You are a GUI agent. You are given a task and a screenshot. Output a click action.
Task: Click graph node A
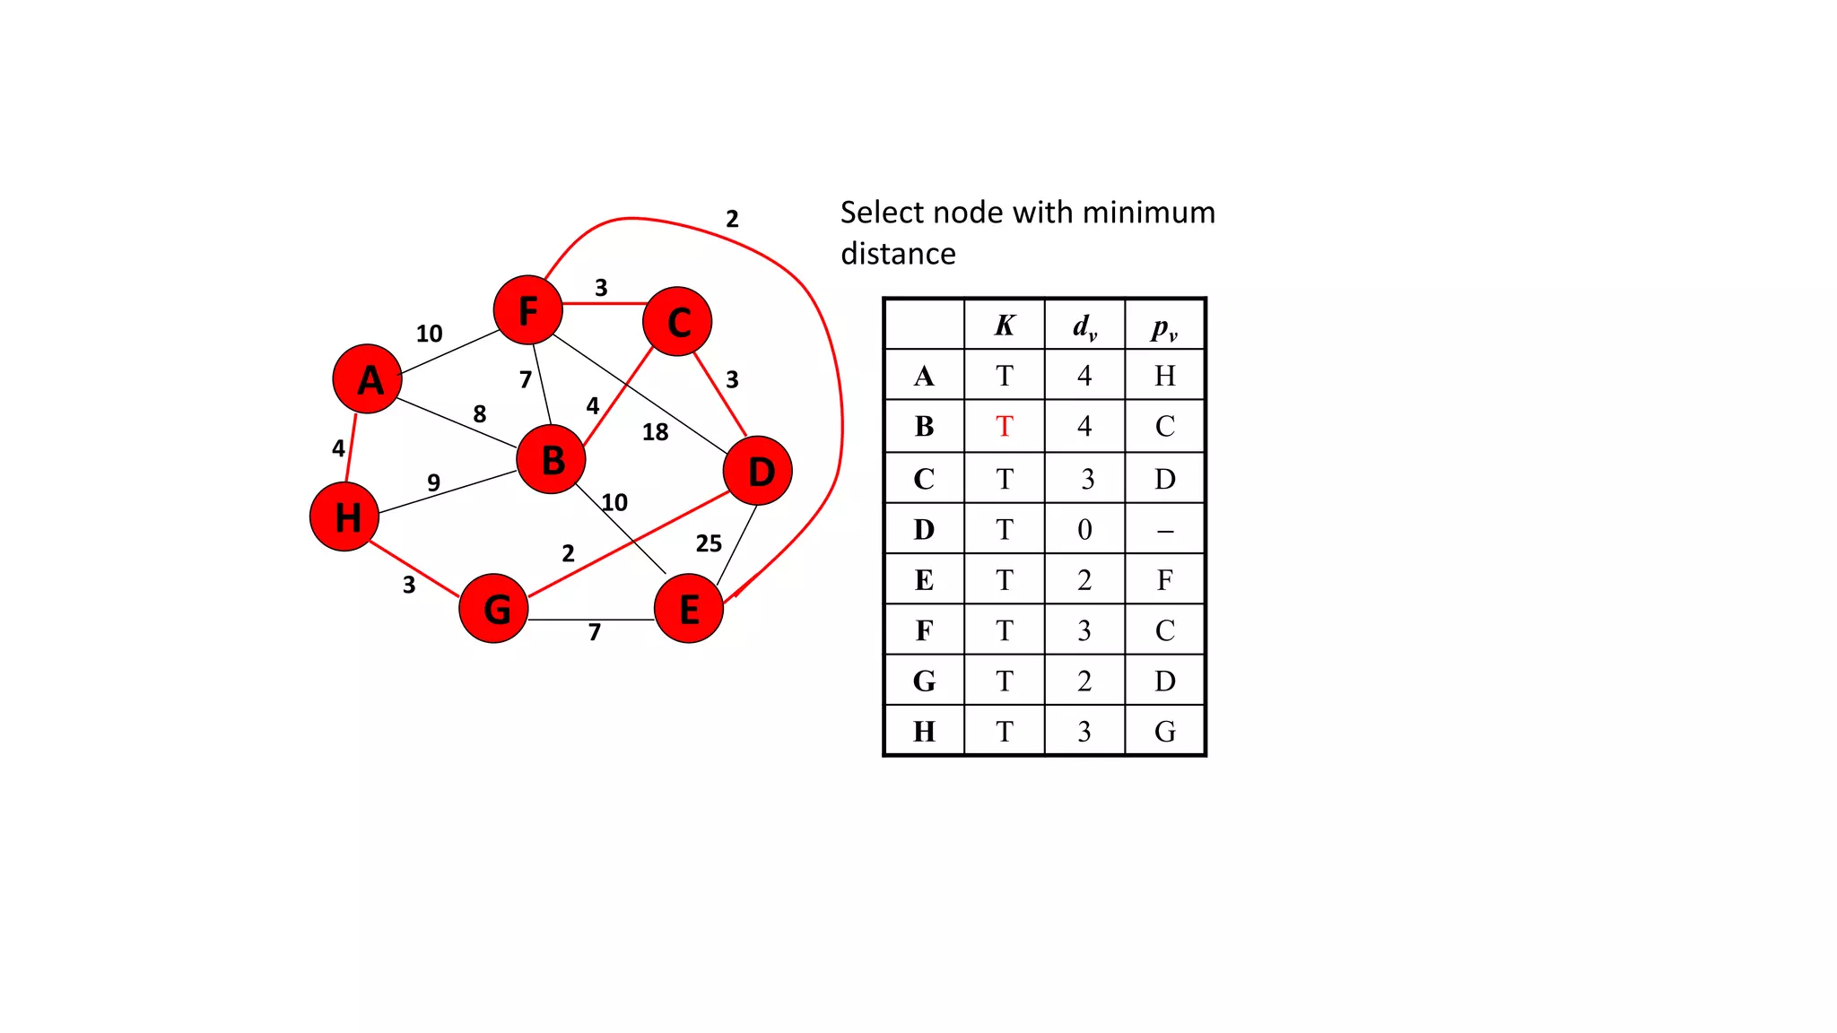pyautogui.click(x=367, y=379)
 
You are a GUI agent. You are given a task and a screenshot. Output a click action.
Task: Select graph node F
pyautogui.click(x=528, y=310)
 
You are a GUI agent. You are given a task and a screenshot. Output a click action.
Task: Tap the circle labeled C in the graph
pyautogui.click(x=678, y=322)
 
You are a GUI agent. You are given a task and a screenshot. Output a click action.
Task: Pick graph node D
pyautogui.click(x=758, y=471)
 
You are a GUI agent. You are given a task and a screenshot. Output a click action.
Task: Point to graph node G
pyautogui.click(x=494, y=609)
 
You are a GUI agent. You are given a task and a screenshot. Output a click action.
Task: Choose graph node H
pyautogui.click(x=344, y=517)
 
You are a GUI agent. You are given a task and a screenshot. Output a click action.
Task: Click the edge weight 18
pyautogui.click(x=656, y=432)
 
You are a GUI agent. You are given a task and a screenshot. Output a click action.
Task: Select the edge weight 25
pyautogui.click(x=709, y=543)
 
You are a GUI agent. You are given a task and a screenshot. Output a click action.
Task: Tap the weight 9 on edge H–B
pyautogui.click(x=434, y=482)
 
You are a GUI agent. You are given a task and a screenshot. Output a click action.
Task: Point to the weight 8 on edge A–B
pyautogui.click(x=480, y=414)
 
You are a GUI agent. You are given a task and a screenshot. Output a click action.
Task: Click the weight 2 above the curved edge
pyautogui.click(x=733, y=219)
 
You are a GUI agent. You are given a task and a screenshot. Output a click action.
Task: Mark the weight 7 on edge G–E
pyautogui.click(x=595, y=633)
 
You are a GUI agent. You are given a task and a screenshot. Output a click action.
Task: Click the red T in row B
pyautogui.click(x=1005, y=427)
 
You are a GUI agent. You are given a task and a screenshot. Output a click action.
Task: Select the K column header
pyautogui.click(x=1005, y=326)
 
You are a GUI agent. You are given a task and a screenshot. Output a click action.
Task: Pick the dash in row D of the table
pyautogui.click(x=1165, y=531)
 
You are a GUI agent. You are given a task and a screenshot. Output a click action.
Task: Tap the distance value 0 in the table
pyautogui.click(x=1084, y=530)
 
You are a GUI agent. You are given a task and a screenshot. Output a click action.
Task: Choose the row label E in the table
pyautogui.click(x=924, y=581)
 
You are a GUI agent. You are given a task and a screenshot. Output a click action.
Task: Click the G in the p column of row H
pyautogui.click(x=1165, y=732)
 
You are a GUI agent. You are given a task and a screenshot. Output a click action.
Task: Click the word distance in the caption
pyautogui.click(x=898, y=255)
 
